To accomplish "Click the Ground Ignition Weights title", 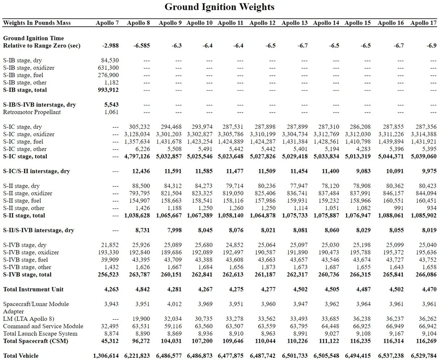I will tap(220, 7).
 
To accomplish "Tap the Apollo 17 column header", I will tap(424, 23).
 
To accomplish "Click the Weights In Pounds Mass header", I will tap(37, 23).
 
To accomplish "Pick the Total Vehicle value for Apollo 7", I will tap(106, 356).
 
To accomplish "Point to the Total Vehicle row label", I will tap(21, 356).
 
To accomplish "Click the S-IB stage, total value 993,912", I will tap(108, 90).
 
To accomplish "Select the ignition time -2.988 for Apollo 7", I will tap(110, 45).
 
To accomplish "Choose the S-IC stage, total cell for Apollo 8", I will tap(137, 156).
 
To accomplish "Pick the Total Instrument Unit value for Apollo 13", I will tap(299, 289).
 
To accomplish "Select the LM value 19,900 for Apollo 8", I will tap(142, 319).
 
